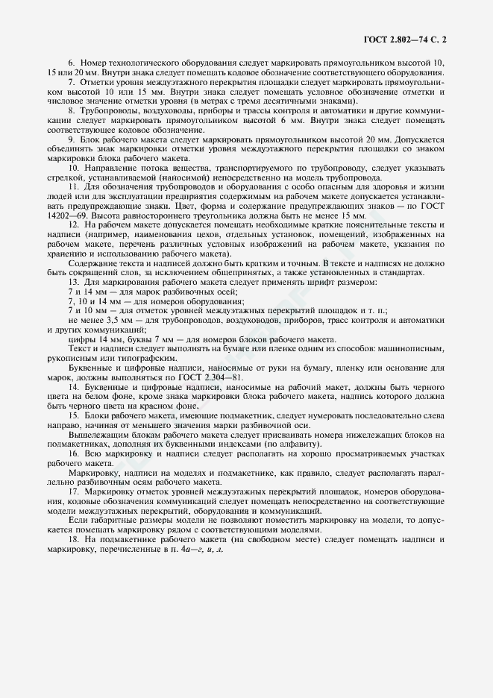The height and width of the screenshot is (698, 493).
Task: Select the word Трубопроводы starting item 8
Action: click(104, 110)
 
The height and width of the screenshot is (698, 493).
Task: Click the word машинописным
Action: click(416, 350)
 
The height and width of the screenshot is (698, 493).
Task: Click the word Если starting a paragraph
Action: click(78, 521)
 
